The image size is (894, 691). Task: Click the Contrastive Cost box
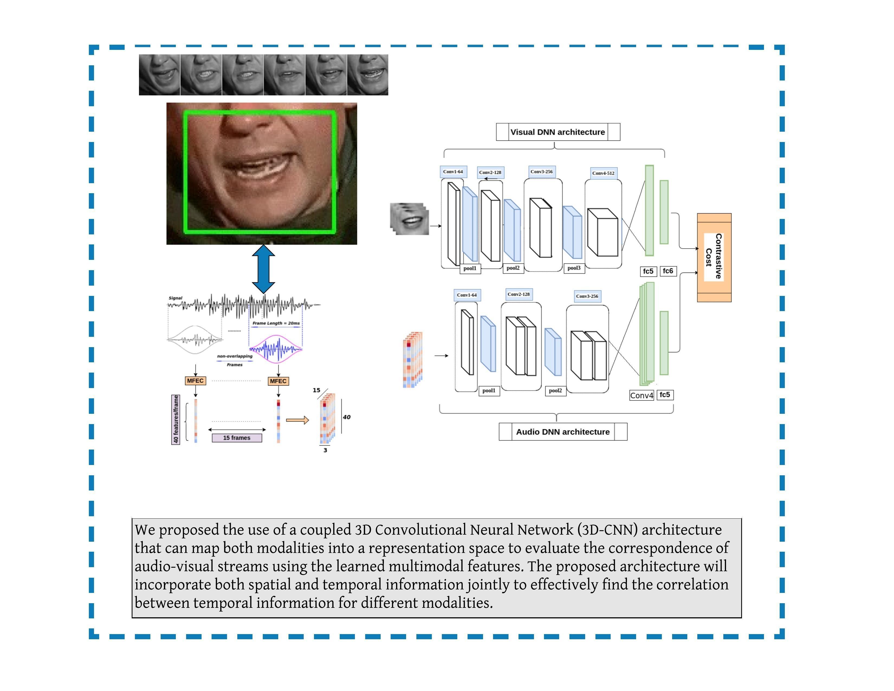(714, 257)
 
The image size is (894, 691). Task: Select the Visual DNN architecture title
(558, 132)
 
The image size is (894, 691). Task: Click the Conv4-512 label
(603, 173)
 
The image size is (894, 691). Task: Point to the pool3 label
(574, 268)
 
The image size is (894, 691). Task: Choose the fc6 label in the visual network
(668, 271)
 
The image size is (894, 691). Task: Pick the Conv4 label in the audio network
(642, 395)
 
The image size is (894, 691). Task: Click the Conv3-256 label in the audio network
(587, 296)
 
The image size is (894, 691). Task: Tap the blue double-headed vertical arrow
(263, 269)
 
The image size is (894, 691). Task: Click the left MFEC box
(195, 381)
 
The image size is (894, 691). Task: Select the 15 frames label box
(237, 438)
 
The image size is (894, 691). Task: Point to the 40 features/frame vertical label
(176, 419)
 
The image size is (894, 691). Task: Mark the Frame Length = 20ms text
(276, 323)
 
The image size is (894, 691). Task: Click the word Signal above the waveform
(175, 298)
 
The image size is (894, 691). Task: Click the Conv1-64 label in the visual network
(453, 172)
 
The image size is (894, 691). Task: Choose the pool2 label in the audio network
(555, 390)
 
